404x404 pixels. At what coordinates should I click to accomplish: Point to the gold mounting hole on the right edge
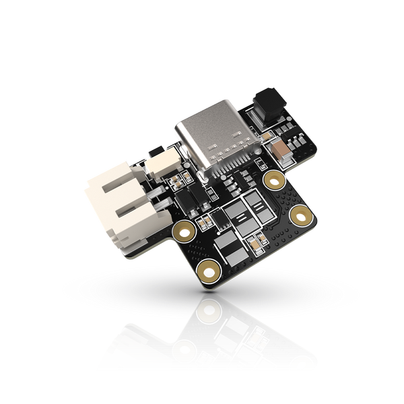coord(301,216)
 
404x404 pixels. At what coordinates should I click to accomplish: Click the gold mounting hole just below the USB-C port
coord(274,179)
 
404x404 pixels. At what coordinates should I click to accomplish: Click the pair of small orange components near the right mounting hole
coord(256,241)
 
